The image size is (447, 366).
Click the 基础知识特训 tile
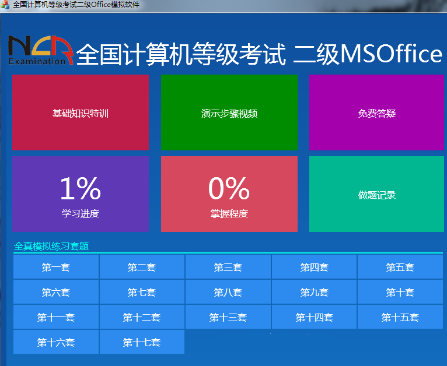81,112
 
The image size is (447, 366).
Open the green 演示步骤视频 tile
229,112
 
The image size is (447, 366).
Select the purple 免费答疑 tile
377,112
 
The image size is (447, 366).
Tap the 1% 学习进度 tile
81,194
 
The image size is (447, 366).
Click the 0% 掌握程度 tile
229,194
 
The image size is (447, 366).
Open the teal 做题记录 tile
377,194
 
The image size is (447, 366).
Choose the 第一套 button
56,268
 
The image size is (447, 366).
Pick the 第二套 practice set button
142,268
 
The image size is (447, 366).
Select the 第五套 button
400,268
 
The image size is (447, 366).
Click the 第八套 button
228,293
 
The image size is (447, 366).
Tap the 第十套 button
400,293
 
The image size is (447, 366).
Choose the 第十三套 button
228,318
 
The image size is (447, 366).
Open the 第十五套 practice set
400,318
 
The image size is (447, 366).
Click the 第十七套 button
142,343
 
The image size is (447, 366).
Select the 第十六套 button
56,343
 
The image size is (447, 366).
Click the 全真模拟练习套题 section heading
51,247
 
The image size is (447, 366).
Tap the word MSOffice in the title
391,54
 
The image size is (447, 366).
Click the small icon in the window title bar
5,5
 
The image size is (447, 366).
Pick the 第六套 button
56,293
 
